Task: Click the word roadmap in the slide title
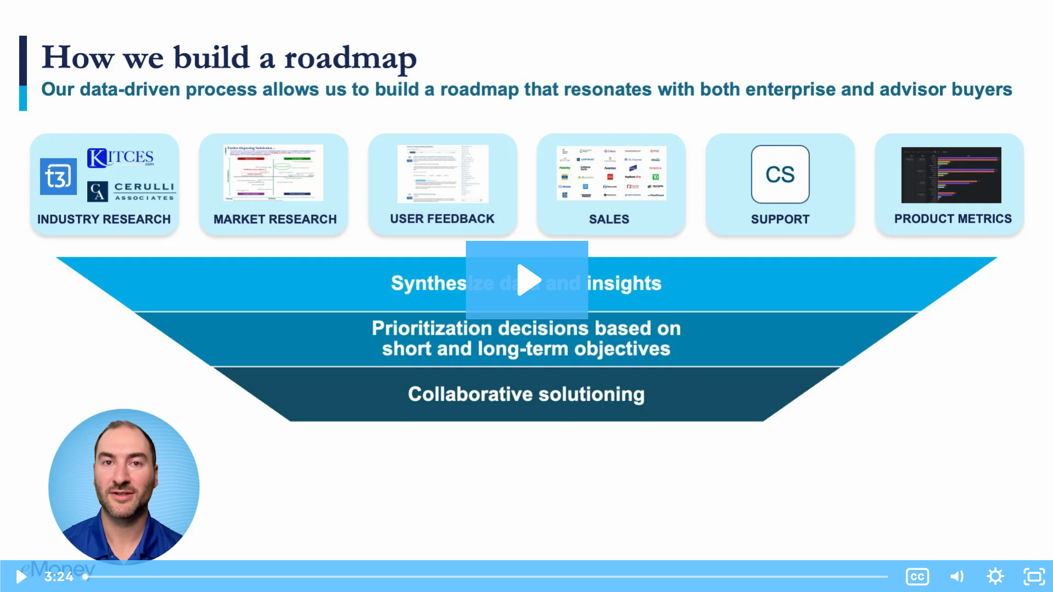[x=350, y=58]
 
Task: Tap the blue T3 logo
[x=58, y=177]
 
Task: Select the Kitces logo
[x=121, y=157]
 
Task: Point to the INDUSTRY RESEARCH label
[x=104, y=219]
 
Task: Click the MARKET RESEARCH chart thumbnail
[x=273, y=173]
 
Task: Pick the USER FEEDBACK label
[x=442, y=219]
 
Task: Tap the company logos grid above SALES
[x=611, y=173]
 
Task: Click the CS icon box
[x=780, y=174]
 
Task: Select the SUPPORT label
[x=780, y=219]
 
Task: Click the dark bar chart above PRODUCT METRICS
[x=951, y=175]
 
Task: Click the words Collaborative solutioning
[x=526, y=394]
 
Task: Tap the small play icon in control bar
[x=21, y=577]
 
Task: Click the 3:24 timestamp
[x=59, y=577]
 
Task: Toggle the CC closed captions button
[x=917, y=577]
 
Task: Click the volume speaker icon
[x=956, y=577]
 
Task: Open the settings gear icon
[x=995, y=577]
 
